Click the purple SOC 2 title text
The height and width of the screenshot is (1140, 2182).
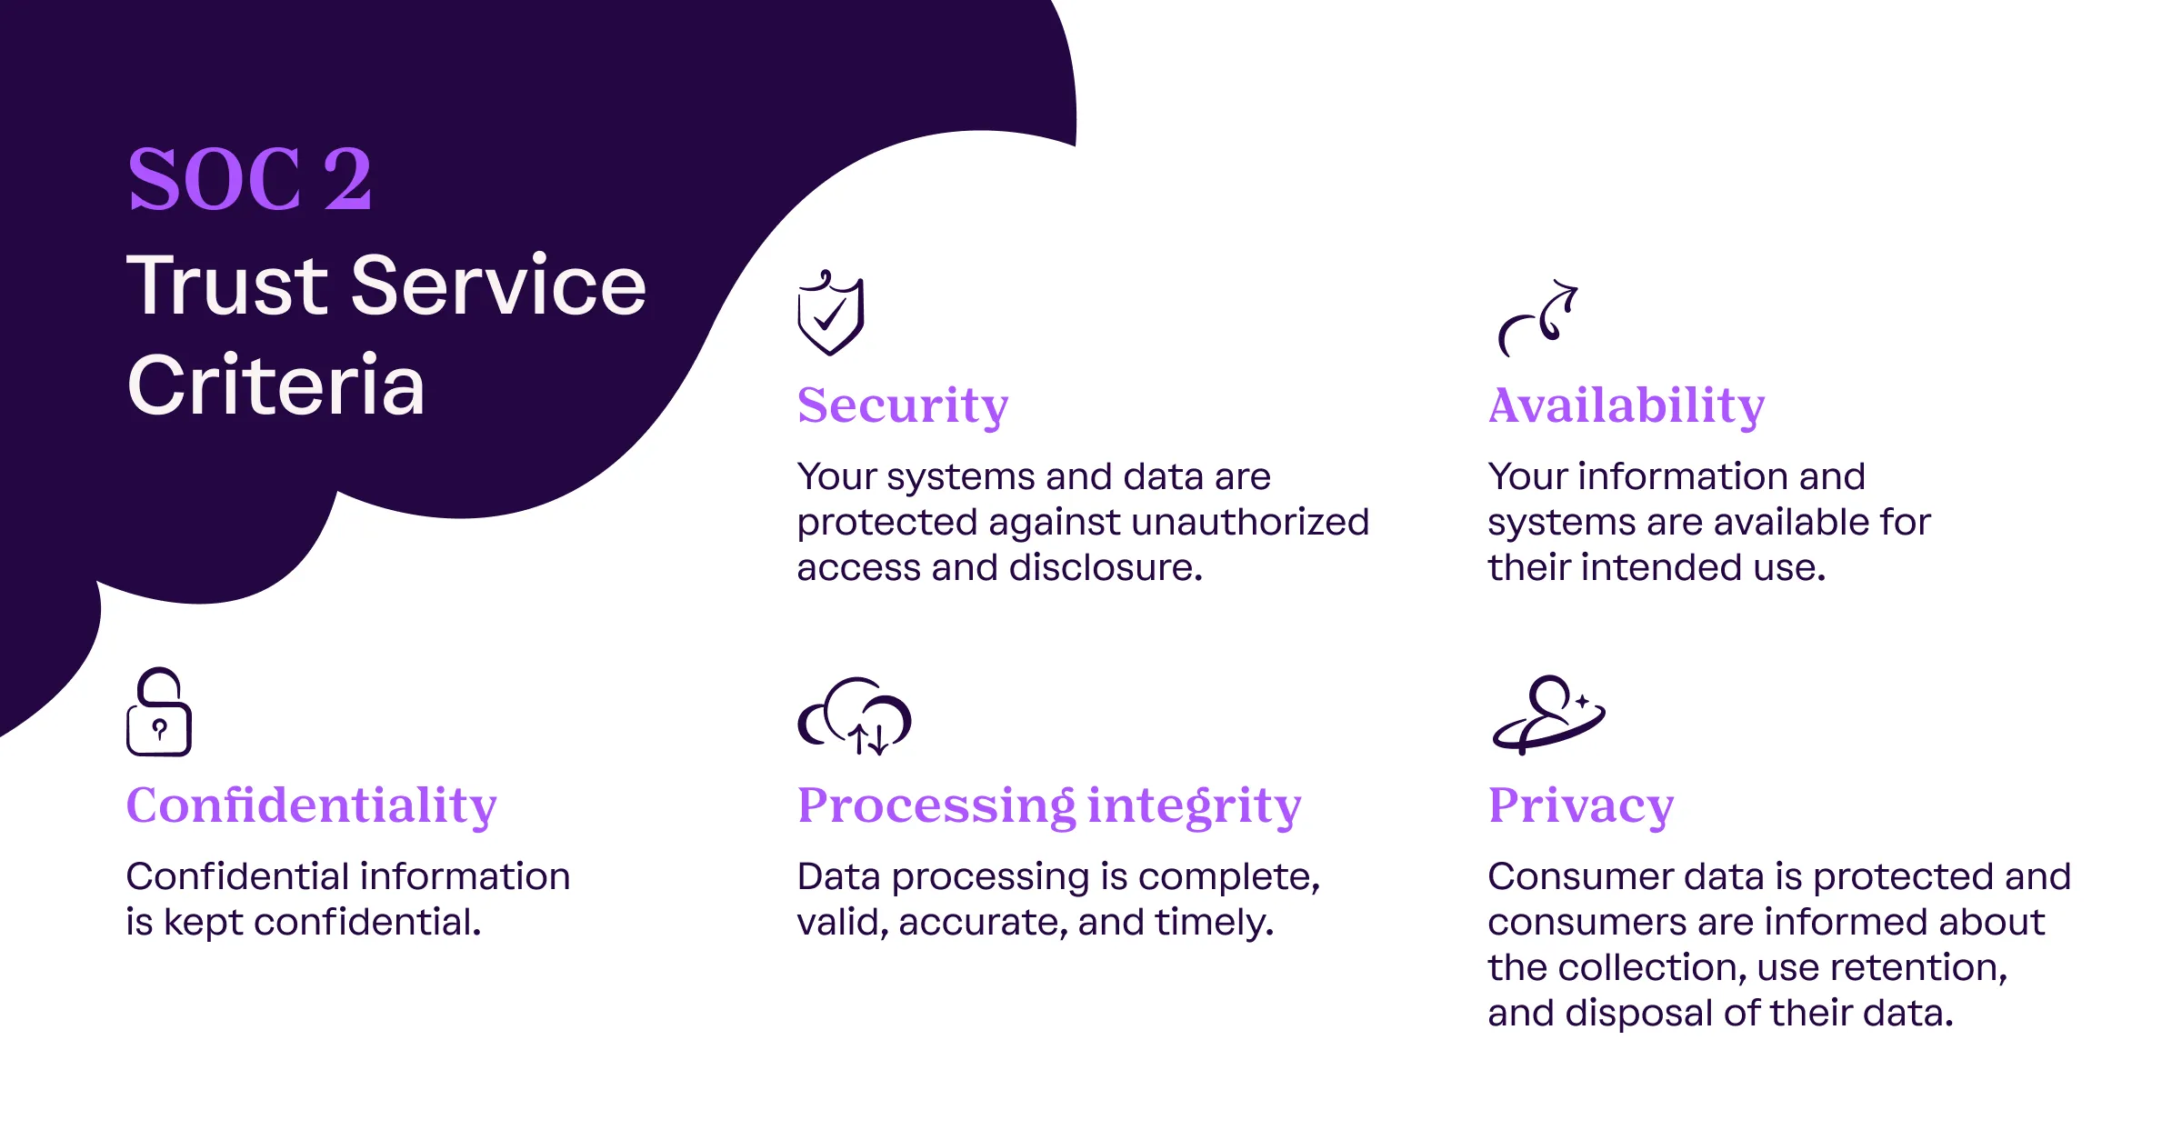250,179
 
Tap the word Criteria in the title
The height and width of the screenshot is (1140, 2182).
276,385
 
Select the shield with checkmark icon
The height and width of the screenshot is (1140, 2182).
830,312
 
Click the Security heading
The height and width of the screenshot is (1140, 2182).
903,405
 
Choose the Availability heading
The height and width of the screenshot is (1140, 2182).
1626,405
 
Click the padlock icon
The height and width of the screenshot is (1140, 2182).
159,712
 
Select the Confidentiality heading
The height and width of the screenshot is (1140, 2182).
312,805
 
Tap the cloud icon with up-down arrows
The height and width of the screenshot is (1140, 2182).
855,715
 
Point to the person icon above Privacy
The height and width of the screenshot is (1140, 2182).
1549,715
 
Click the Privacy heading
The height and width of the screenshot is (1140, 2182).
1581,806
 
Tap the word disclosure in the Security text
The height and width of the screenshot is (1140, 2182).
1106,567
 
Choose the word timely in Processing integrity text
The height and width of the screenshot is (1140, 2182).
1215,923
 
